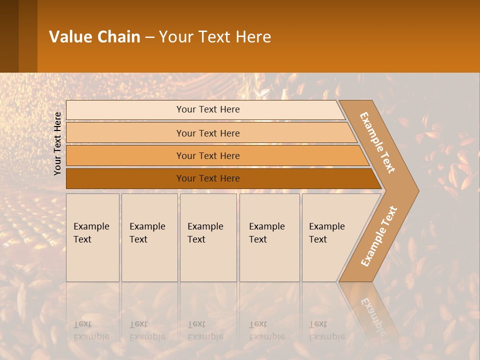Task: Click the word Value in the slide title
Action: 69,37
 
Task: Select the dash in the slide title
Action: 149,37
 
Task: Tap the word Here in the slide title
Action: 252,37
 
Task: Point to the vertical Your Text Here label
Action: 57,143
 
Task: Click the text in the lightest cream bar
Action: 208,109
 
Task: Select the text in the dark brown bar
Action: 208,178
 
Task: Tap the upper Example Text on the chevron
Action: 377,142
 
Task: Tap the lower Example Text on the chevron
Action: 378,236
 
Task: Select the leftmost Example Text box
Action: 92,237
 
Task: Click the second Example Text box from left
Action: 149,237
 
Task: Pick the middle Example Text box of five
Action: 208,237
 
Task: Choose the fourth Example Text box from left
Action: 269,237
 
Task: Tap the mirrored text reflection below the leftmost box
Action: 91,330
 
